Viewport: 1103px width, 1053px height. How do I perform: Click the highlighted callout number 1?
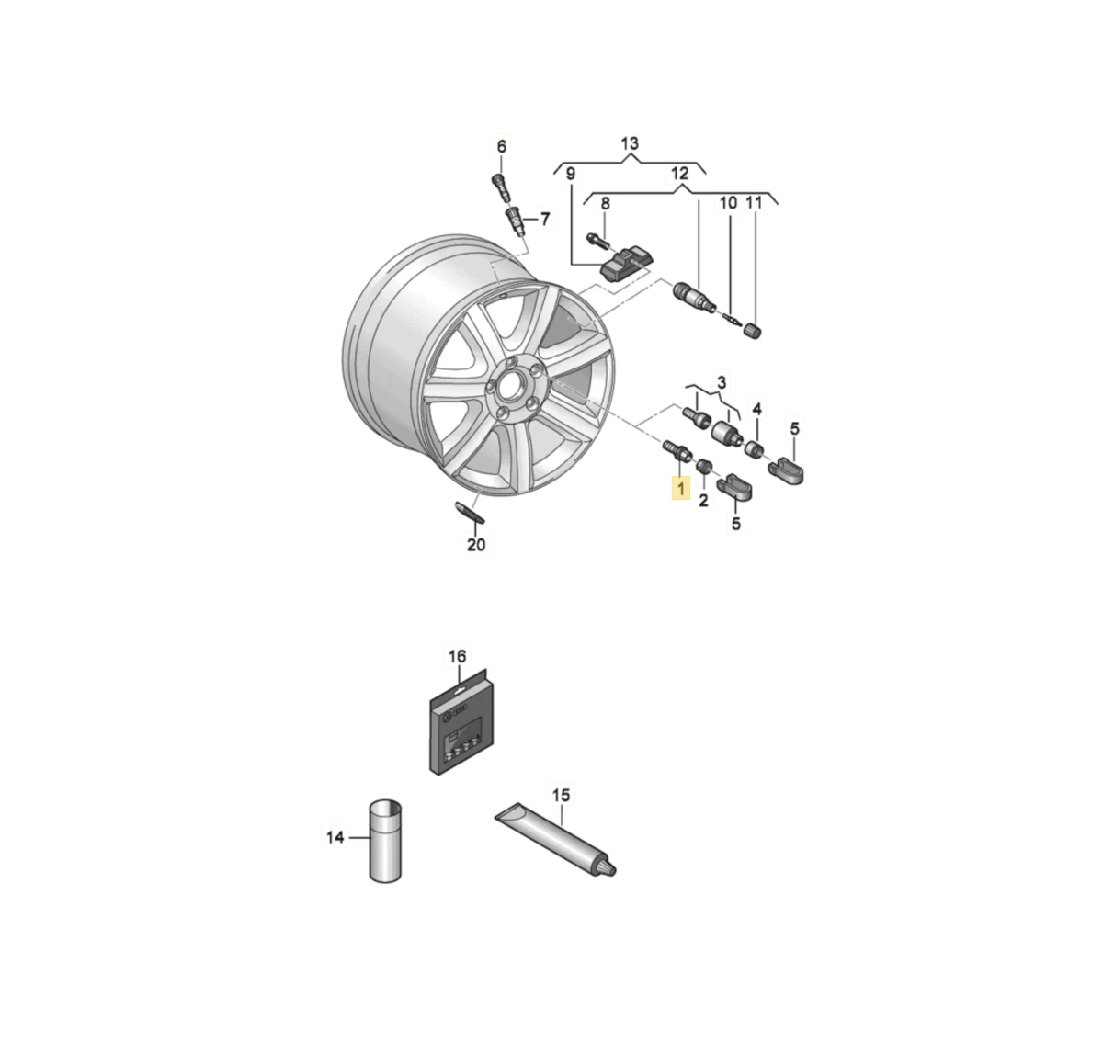(681, 487)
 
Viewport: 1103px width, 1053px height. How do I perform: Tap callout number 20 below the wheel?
(476, 545)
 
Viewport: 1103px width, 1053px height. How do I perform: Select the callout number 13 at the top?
(629, 143)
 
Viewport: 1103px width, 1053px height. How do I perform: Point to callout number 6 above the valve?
(502, 147)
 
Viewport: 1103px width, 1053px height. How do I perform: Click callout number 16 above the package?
(457, 656)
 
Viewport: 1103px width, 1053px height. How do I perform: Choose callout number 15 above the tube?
(561, 795)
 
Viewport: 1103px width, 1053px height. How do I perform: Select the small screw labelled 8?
(595, 241)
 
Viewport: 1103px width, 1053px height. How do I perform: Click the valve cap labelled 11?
(754, 330)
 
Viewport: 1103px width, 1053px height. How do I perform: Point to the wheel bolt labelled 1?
(677, 452)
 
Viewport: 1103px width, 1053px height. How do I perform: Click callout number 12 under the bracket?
(679, 174)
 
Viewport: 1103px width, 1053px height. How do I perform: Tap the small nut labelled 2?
(703, 468)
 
